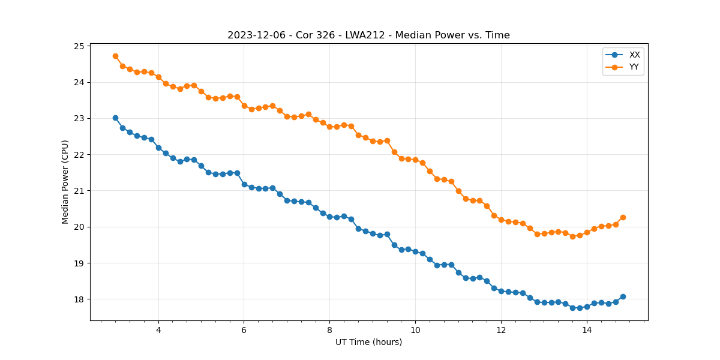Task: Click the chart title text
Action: [x=368, y=35]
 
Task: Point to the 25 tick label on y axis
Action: [x=78, y=46]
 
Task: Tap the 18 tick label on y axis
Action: [x=78, y=299]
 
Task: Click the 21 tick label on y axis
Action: [x=78, y=191]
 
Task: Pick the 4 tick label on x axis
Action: [x=158, y=331]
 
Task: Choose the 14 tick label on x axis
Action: [x=587, y=331]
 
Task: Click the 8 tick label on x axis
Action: [x=329, y=331]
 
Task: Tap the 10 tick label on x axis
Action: [x=415, y=331]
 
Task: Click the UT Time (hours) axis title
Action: [x=368, y=342]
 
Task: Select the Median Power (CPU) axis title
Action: [x=65, y=182]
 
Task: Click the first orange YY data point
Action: [x=115, y=56]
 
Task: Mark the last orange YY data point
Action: [x=623, y=217]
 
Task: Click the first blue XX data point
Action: [x=115, y=118]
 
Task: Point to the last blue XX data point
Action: [x=623, y=296]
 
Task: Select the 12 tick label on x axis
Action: [x=501, y=331]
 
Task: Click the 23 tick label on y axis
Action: [x=78, y=118]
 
